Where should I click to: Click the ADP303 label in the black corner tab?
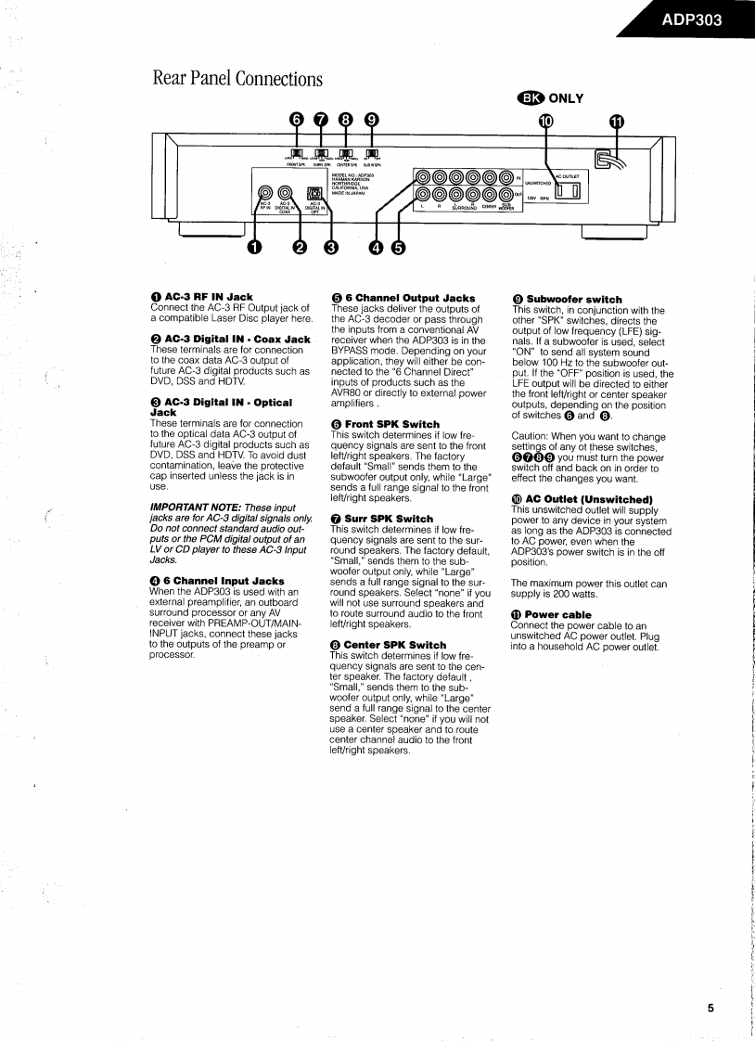(x=692, y=20)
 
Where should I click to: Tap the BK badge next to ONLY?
(x=532, y=97)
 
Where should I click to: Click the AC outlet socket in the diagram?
(x=565, y=192)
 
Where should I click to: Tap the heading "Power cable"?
(x=557, y=614)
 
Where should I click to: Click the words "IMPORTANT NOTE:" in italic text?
(x=191, y=508)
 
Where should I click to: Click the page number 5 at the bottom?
(x=710, y=1010)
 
